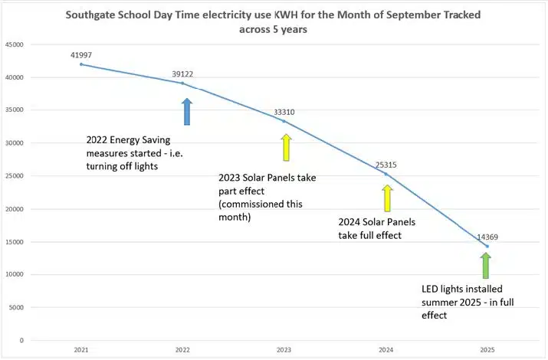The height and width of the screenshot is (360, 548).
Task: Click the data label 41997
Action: (x=81, y=54)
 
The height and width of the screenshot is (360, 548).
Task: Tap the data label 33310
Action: (x=284, y=112)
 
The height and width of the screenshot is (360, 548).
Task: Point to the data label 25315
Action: (x=386, y=165)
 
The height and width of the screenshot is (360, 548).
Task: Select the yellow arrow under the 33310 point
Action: (x=287, y=148)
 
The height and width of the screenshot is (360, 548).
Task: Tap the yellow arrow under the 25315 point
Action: (x=388, y=198)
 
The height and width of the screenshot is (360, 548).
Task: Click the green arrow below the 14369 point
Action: (x=485, y=266)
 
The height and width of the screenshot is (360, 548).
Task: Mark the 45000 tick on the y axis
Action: (x=15, y=44)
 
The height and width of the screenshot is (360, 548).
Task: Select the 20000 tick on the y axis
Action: (x=15, y=209)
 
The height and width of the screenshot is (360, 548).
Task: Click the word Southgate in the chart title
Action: (x=90, y=15)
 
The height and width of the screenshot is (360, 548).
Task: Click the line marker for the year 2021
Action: (x=81, y=64)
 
